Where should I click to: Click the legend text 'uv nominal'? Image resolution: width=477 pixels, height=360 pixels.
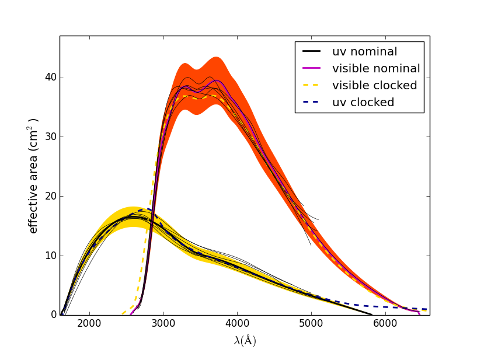[364, 52]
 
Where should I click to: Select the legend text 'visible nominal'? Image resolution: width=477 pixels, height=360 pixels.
[376, 69]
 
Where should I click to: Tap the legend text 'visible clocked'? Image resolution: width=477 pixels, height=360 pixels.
[374, 86]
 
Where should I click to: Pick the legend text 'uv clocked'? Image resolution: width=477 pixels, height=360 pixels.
[363, 103]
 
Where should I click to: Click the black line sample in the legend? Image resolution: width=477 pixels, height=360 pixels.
[314, 52]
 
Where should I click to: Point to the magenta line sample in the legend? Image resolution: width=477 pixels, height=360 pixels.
[314, 69]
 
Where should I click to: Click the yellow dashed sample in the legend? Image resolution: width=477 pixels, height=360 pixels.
[314, 86]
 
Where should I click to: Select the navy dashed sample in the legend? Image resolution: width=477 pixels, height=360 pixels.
[314, 103]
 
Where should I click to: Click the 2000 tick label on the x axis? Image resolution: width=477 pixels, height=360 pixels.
[89, 325]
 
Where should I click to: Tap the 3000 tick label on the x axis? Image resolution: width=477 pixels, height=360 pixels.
[163, 325]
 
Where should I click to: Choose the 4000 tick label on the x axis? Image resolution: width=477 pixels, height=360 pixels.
[237, 325]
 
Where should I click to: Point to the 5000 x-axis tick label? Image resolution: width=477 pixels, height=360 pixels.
[311, 325]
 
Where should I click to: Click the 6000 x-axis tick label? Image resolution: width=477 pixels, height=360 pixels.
[385, 325]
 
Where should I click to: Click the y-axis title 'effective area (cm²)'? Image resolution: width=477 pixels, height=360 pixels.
[33, 176]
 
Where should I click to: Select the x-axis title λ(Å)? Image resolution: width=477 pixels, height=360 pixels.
[245, 341]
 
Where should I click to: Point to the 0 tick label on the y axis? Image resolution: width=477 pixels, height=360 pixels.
[53, 315]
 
